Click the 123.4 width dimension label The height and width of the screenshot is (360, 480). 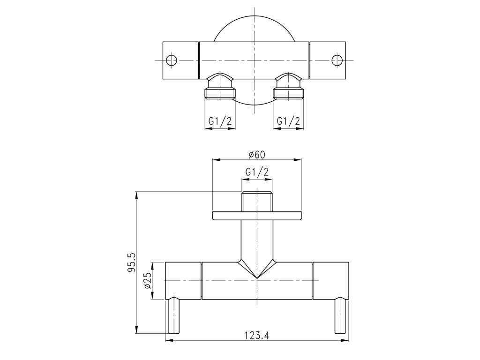[257, 336]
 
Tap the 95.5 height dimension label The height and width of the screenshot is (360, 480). [132, 262]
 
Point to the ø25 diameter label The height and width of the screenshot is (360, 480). [148, 281]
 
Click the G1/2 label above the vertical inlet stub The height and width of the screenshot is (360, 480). [257, 172]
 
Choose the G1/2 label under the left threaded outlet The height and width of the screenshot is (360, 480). [220, 121]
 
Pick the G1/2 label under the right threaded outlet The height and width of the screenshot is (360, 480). [288, 121]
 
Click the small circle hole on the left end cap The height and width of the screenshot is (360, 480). [172, 60]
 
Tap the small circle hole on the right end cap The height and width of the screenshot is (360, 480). [337, 60]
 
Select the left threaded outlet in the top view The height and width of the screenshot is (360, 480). [220, 86]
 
